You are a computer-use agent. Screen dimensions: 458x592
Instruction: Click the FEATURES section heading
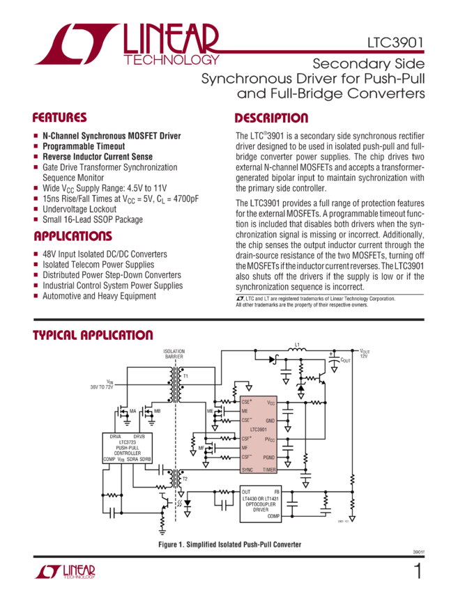[59, 118]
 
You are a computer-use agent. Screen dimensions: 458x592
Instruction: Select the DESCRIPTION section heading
[270, 118]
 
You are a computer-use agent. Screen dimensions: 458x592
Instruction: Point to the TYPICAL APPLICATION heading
[93, 336]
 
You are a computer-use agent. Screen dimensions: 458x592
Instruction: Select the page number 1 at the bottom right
[417, 572]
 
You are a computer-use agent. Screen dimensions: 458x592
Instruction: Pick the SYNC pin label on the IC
[247, 470]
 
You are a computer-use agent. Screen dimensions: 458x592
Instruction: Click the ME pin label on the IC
[245, 412]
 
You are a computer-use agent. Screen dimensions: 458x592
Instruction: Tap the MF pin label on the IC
[245, 448]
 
